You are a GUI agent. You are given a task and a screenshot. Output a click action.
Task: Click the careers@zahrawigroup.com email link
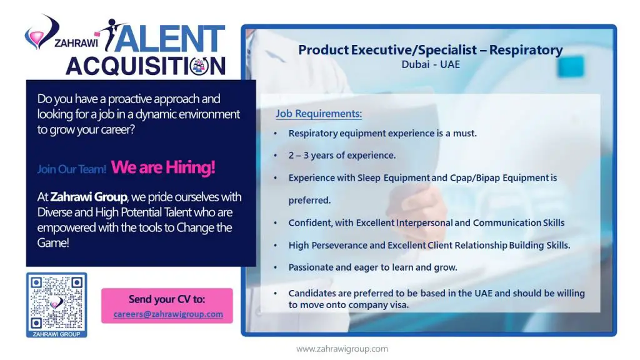[168, 314]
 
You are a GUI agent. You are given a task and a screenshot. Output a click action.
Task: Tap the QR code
[56, 302]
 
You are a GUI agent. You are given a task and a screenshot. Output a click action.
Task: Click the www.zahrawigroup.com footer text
[342, 349]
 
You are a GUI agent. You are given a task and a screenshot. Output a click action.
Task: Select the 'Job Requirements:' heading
[319, 114]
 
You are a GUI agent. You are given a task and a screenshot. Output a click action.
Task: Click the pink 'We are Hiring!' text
[163, 167]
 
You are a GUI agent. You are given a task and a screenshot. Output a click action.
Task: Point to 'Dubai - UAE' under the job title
[431, 64]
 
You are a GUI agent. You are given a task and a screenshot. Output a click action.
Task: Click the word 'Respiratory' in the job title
[526, 50]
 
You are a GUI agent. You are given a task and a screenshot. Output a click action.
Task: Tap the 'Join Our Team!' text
[71, 169]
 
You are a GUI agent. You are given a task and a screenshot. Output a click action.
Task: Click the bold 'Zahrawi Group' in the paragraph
[89, 197]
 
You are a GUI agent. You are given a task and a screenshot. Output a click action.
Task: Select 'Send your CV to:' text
[167, 299]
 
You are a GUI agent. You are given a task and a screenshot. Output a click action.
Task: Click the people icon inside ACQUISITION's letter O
[199, 65]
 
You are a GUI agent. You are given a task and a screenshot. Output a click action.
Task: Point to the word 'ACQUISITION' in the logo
[146, 66]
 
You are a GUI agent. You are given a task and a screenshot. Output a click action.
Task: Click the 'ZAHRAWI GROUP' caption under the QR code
[56, 334]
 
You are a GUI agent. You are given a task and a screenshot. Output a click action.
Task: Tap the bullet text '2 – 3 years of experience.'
[342, 156]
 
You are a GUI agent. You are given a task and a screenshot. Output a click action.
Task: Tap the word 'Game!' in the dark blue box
[53, 243]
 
